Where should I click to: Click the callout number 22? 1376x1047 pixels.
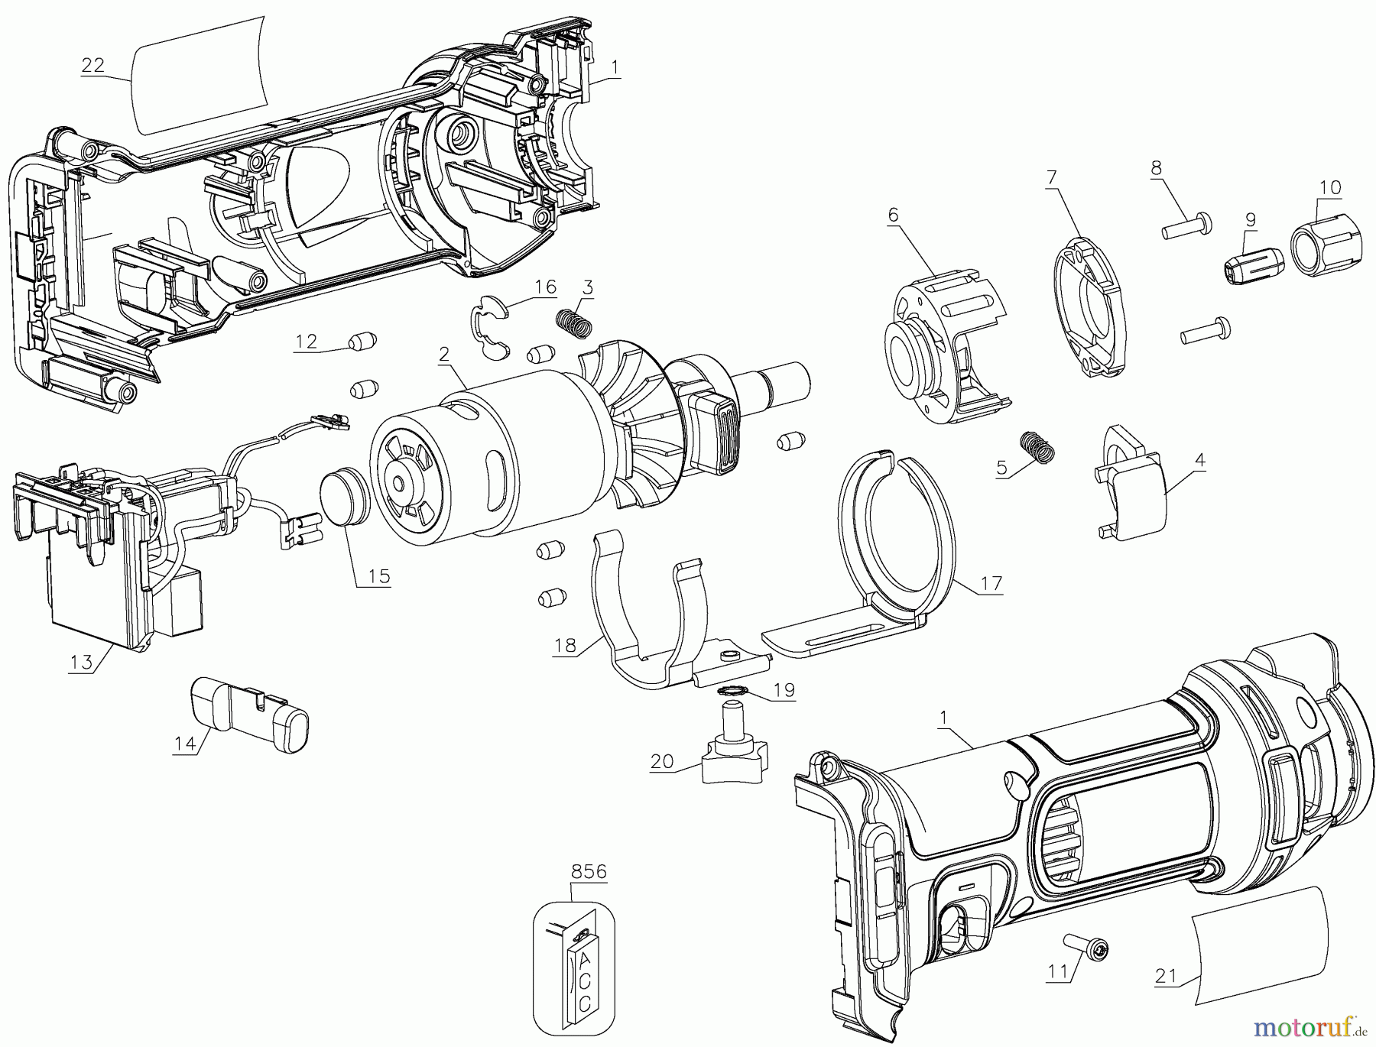click(92, 65)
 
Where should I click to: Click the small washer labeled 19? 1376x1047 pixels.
click(733, 691)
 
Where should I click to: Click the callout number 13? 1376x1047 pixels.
click(81, 662)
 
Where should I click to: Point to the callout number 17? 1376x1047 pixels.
click(991, 584)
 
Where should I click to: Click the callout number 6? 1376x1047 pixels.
click(892, 216)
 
